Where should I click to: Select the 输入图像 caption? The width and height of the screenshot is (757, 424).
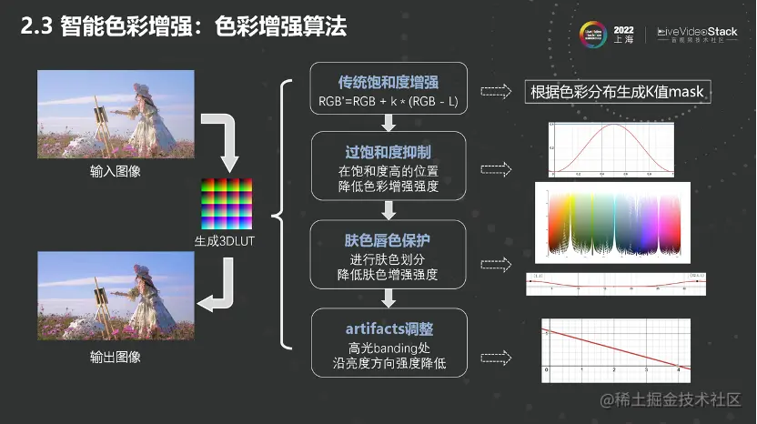click(x=116, y=170)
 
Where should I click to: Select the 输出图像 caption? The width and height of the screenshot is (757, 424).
click(x=116, y=357)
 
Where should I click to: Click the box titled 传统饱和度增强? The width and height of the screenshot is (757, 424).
click(x=389, y=89)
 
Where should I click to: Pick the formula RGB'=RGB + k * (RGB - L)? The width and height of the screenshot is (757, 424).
click(x=389, y=100)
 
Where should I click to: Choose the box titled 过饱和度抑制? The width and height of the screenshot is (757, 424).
click(x=389, y=167)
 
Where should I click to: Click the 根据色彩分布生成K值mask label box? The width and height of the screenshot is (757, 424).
click(x=618, y=92)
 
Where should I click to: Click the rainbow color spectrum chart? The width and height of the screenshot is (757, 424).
click(x=612, y=225)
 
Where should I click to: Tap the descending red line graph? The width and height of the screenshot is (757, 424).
click(x=615, y=351)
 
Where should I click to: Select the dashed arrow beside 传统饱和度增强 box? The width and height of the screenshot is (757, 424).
click(x=495, y=91)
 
